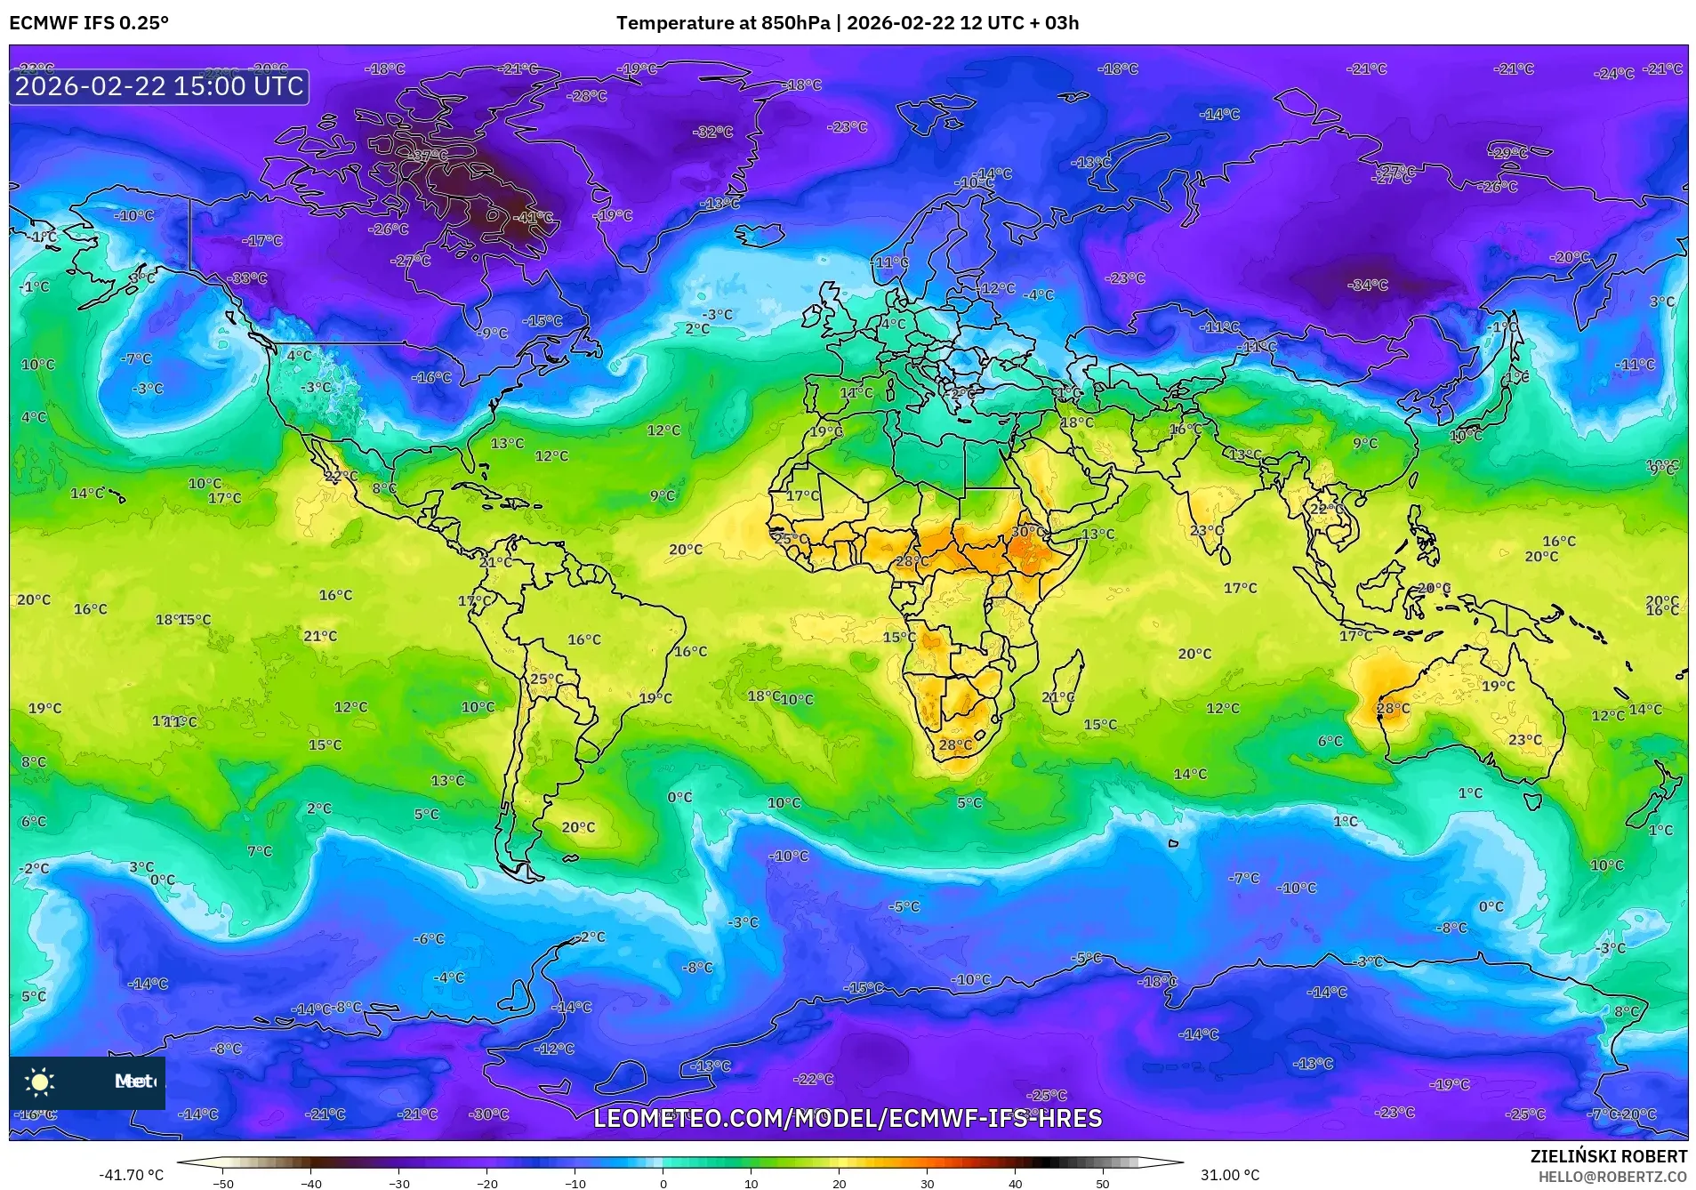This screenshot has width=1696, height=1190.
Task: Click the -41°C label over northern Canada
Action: point(534,217)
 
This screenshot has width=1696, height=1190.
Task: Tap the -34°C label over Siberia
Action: point(1367,285)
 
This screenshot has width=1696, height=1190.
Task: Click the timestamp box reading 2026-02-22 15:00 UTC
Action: point(159,86)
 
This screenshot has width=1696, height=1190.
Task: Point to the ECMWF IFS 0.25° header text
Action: point(89,23)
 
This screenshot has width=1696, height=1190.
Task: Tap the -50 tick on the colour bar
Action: point(223,1183)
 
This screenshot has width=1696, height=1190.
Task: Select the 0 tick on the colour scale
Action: point(663,1183)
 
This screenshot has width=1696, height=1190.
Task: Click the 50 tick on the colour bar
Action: point(1103,1183)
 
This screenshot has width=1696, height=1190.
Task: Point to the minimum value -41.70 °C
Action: point(131,1175)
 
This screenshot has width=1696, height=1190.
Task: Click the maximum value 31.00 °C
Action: point(1230,1175)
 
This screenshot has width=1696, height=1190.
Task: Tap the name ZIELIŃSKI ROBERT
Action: point(1608,1157)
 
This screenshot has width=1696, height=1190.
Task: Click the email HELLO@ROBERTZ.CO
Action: point(1612,1176)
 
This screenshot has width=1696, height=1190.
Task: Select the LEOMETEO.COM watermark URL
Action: point(848,1118)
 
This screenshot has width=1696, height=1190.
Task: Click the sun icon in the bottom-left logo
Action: point(40,1082)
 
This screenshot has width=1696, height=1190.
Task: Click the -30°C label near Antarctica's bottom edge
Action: point(489,1114)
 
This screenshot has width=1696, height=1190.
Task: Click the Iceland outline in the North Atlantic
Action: point(759,235)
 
